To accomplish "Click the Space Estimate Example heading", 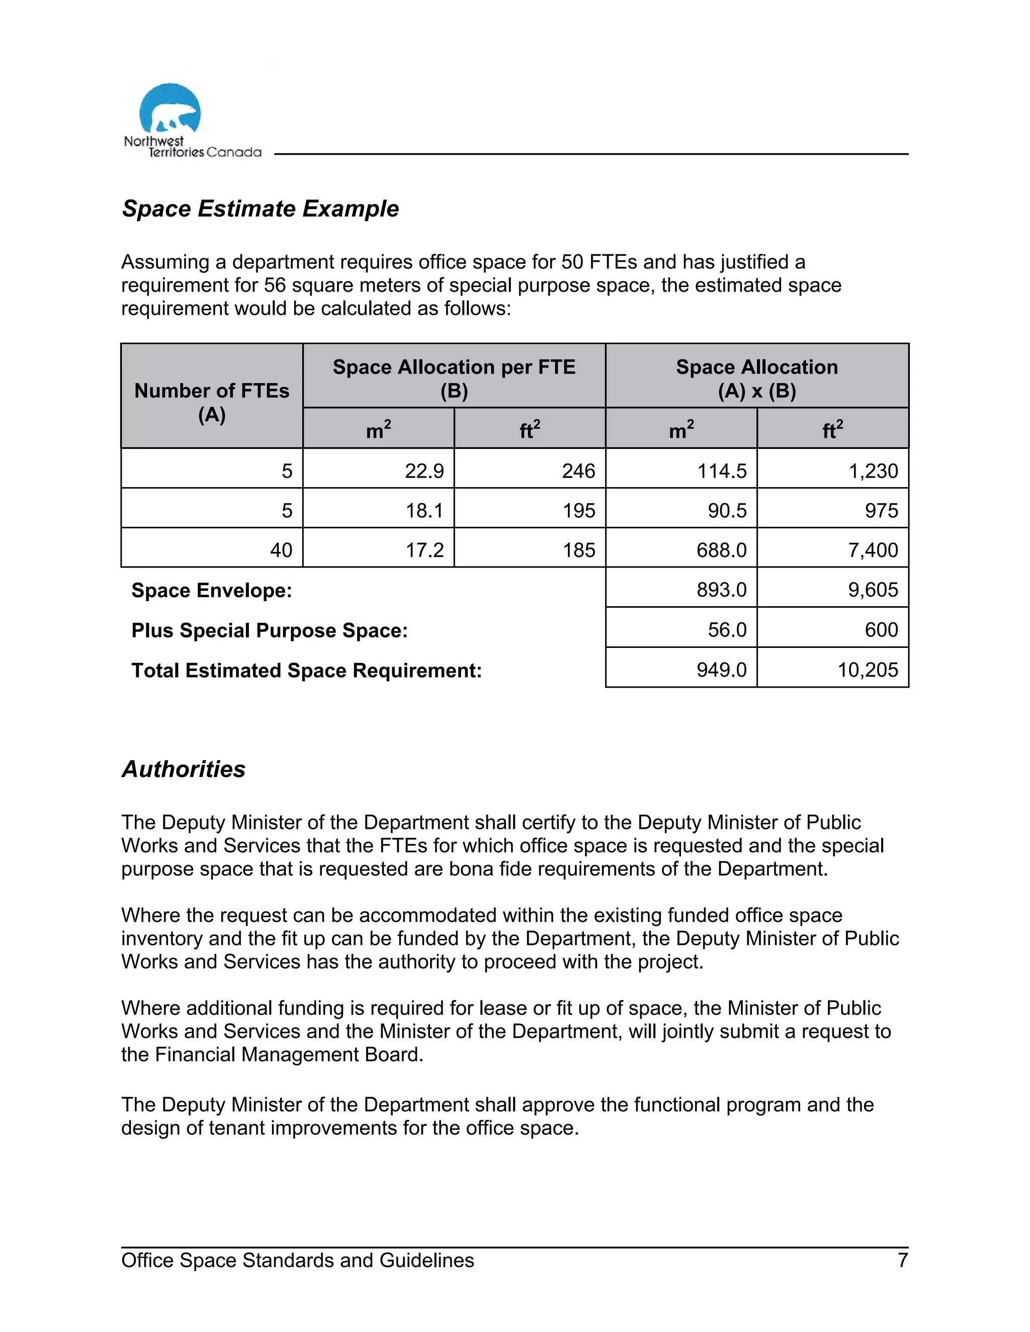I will point(261,209).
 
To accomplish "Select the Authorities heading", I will point(184,769).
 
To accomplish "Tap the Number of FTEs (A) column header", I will point(212,403).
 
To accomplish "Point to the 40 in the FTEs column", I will point(281,550).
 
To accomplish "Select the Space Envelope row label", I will point(212,591).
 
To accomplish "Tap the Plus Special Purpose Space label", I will point(270,630).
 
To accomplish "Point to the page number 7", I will point(902,1260).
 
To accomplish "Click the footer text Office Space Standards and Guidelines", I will point(298,1260).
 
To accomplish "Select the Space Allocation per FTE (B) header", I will point(454,378).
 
